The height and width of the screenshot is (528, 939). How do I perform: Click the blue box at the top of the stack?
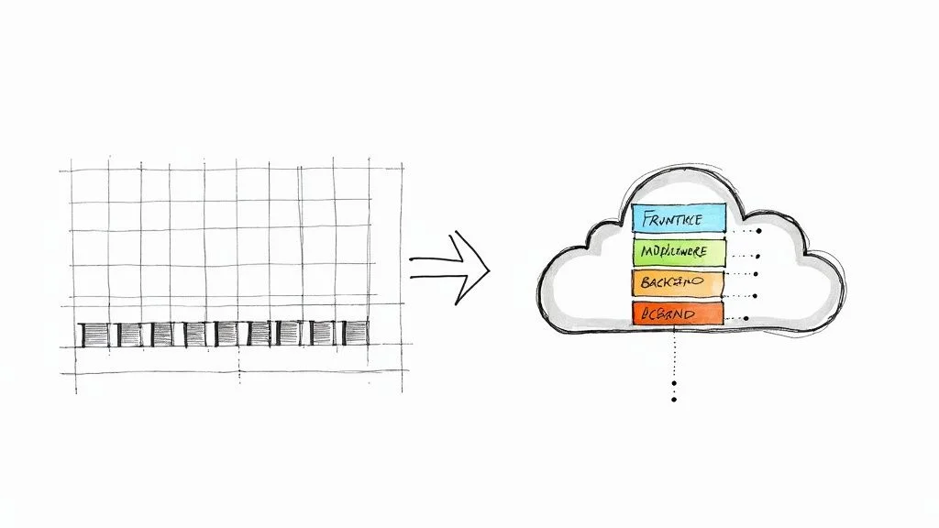679,218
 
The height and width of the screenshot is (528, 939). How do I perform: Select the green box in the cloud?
679,251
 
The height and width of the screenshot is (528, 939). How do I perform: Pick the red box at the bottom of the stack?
678,313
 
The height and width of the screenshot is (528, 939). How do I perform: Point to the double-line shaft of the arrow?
435,267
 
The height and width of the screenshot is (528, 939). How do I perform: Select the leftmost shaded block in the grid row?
94,335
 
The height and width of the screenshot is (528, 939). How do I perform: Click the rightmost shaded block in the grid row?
355,335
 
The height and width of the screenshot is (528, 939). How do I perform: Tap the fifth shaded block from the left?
226,335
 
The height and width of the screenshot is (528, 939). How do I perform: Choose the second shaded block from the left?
129,335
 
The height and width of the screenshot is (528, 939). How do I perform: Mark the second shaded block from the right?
324,335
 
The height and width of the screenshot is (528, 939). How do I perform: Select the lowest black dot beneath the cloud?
674,400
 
